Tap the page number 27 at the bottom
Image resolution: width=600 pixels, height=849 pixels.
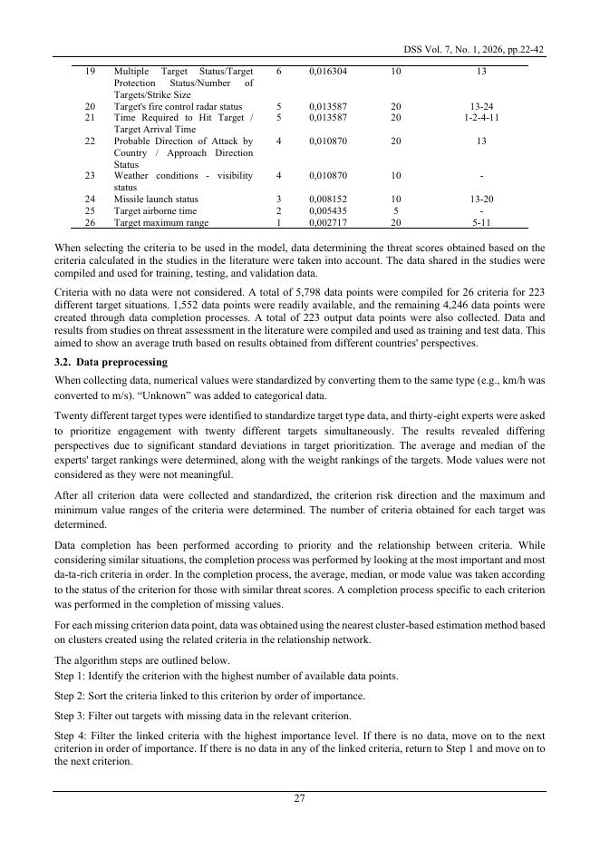(x=299, y=798)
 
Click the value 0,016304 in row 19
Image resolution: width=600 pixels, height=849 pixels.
(x=326, y=70)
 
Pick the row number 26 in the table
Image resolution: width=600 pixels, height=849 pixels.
(x=90, y=222)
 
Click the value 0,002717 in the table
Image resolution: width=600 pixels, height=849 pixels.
(x=326, y=222)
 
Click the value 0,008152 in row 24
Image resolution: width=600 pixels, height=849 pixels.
(x=326, y=199)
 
